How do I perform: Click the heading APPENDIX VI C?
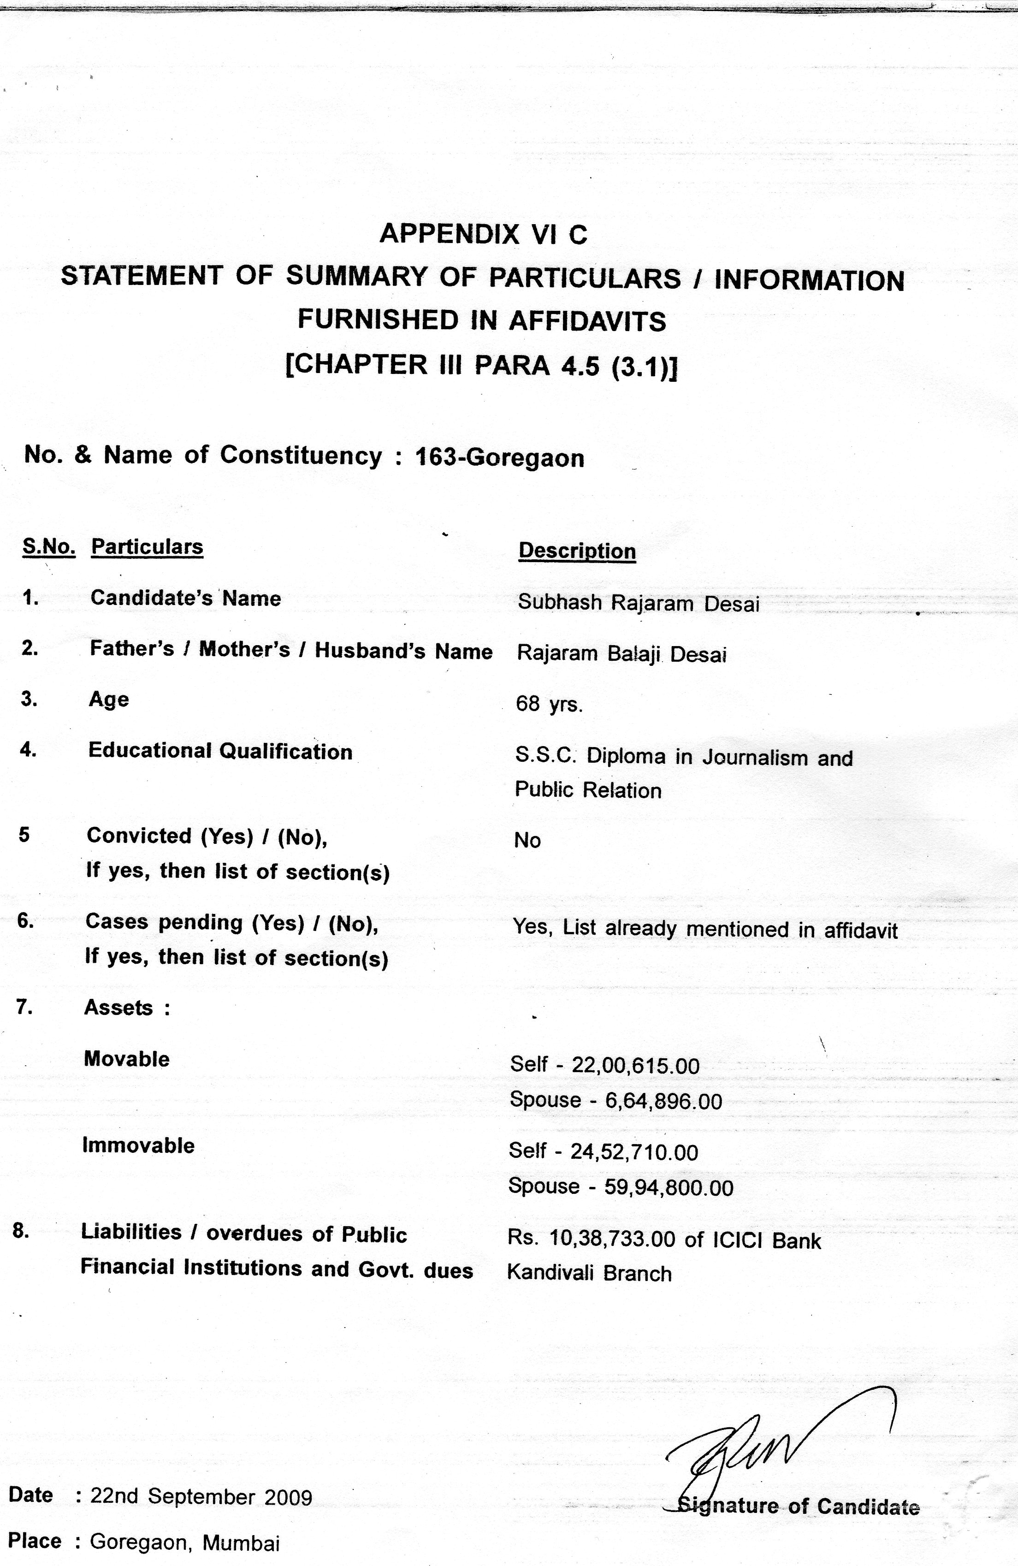click(x=483, y=234)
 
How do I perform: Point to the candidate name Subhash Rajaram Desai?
click(x=638, y=603)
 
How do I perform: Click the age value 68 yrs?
click(x=550, y=704)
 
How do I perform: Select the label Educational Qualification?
click(x=220, y=752)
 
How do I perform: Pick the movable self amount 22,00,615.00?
click(x=635, y=1065)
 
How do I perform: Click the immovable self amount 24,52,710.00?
click(x=633, y=1152)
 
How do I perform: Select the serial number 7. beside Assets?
click(x=25, y=1007)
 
